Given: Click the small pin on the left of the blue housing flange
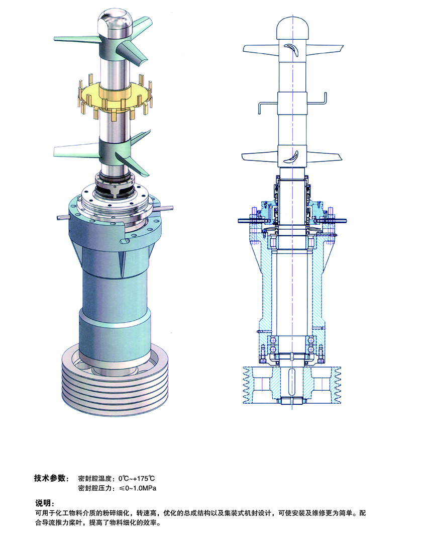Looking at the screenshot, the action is [63, 217].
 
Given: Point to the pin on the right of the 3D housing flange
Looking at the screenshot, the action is [166, 209].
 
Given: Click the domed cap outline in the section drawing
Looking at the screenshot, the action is [292, 28].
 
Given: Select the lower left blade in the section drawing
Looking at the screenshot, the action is [260, 157].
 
